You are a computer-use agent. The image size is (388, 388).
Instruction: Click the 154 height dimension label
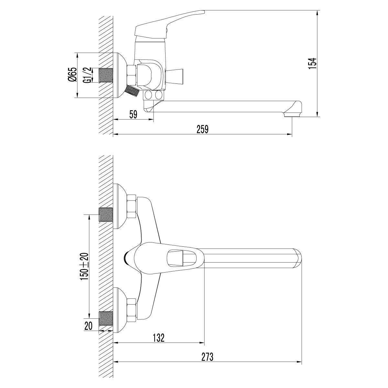pyautogui.click(x=312, y=64)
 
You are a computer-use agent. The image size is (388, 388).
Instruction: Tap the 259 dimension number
pyautogui.click(x=202, y=129)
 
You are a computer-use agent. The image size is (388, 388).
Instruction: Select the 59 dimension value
pyautogui.click(x=133, y=114)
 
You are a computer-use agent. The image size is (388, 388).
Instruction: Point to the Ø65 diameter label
pyautogui.click(x=72, y=74)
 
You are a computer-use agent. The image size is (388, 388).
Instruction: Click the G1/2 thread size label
pyautogui.click(x=87, y=75)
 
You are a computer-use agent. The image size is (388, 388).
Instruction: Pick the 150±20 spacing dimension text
pyautogui.click(x=85, y=266)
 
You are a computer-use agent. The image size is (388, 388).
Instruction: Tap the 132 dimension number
pyautogui.click(x=159, y=338)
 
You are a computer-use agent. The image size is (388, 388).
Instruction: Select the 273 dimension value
pyautogui.click(x=207, y=357)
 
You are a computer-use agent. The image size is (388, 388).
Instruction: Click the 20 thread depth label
pyautogui.click(x=88, y=326)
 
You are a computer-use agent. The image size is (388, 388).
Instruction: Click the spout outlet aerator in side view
pyautogui.click(x=292, y=115)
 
